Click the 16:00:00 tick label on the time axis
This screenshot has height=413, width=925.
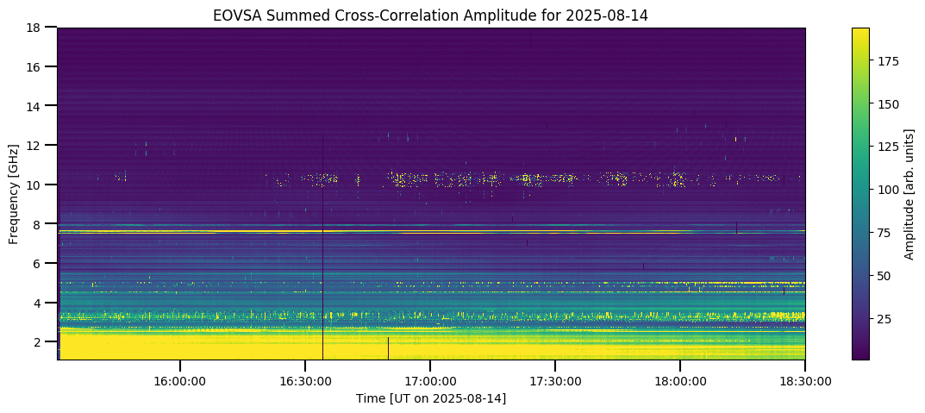pyautogui.click(x=179, y=380)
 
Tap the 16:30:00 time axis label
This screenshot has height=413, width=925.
pyautogui.click(x=304, y=380)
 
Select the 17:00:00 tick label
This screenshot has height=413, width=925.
pyautogui.click(x=430, y=380)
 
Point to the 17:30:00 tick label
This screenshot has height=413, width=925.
pyautogui.click(x=555, y=380)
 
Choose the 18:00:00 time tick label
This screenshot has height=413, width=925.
pyautogui.click(x=680, y=380)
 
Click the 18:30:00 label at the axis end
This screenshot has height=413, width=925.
pyautogui.click(x=805, y=380)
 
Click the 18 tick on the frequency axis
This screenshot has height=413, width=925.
pyautogui.click(x=34, y=28)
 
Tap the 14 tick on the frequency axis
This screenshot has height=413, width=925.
pyautogui.click(x=34, y=106)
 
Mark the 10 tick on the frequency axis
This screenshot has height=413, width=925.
pyautogui.click(x=34, y=185)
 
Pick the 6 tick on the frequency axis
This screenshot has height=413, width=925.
pyautogui.click(x=38, y=263)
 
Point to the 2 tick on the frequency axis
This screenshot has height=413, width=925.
pyautogui.click(x=38, y=341)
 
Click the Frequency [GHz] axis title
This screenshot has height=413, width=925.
pyautogui.click(x=14, y=193)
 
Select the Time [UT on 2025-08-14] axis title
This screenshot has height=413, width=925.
pyautogui.click(x=431, y=398)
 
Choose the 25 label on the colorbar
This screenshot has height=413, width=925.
pyautogui.click(x=884, y=319)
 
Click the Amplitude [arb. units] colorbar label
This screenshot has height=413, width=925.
pyautogui.click(x=909, y=193)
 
